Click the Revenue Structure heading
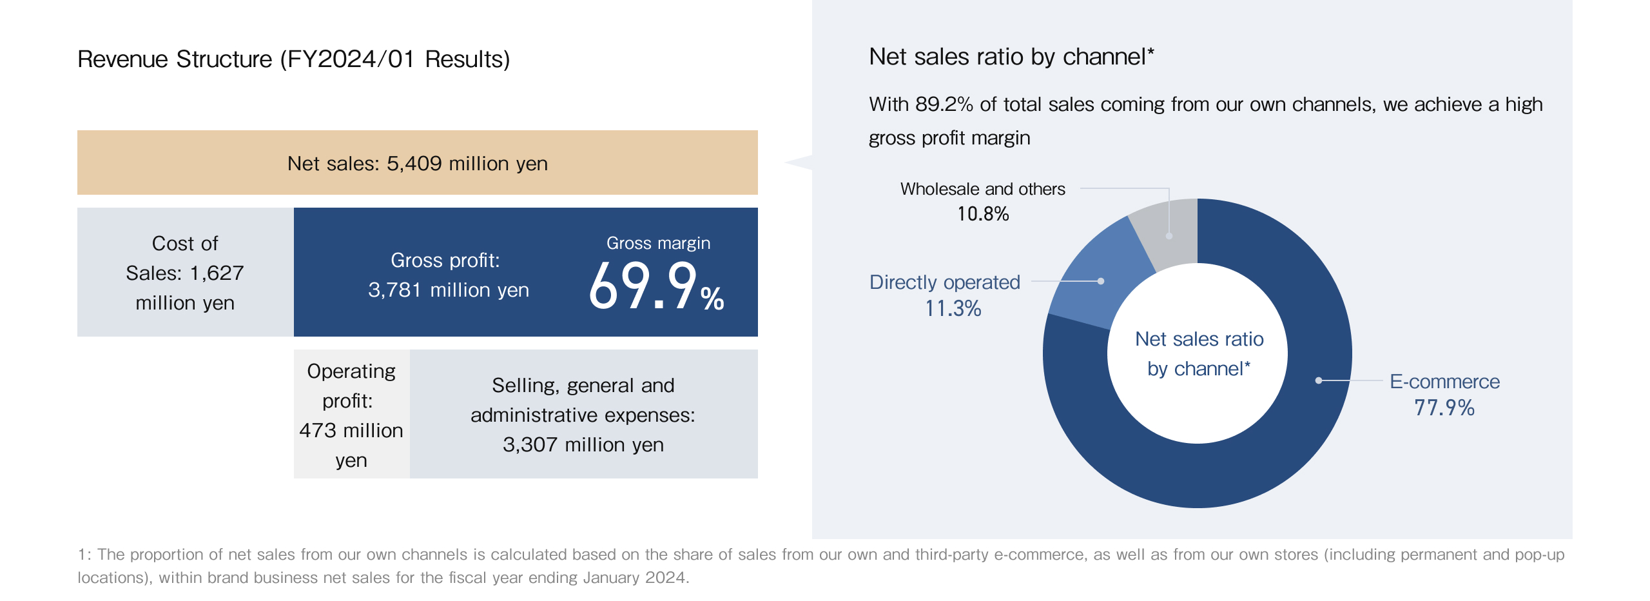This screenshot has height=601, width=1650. [293, 59]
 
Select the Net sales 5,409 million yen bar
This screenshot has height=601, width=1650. [417, 163]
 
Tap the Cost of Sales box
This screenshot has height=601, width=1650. [185, 273]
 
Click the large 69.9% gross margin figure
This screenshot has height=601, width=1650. [656, 286]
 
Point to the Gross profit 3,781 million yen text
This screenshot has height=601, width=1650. [448, 275]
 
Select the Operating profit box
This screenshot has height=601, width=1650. [351, 415]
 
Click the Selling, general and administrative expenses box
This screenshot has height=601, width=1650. [583, 415]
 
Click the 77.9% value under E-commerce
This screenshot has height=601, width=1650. [1444, 408]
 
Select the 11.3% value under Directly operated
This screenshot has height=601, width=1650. [953, 309]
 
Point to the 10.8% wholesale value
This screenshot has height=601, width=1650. [982, 214]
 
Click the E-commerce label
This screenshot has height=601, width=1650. [1444, 382]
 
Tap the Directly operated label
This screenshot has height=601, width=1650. [944, 282]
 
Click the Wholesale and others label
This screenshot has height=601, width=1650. [982, 189]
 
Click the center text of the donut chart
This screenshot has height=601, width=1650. [1198, 353]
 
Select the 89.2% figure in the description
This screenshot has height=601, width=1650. [944, 104]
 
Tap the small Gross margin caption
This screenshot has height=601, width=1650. [658, 243]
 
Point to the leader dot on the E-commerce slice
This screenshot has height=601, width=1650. [1319, 380]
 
